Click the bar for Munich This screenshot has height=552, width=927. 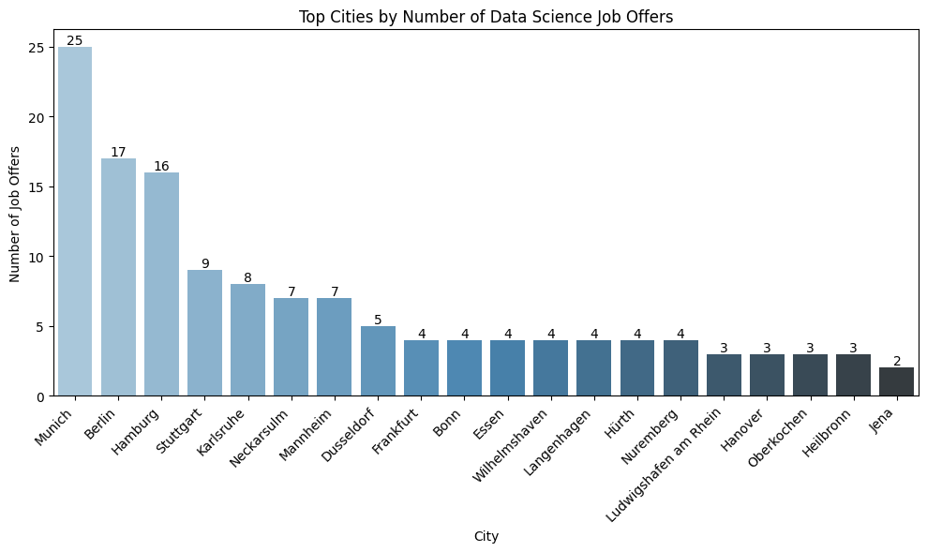[75, 221]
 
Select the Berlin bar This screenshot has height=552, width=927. [118, 277]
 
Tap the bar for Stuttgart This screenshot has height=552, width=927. [204, 333]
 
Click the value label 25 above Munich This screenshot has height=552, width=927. [75, 40]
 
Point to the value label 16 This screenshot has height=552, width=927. [161, 166]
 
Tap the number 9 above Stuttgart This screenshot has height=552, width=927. [204, 263]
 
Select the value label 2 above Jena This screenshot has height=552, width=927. [896, 361]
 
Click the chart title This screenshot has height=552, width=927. [486, 16]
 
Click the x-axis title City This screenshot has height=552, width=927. [486, 537]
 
